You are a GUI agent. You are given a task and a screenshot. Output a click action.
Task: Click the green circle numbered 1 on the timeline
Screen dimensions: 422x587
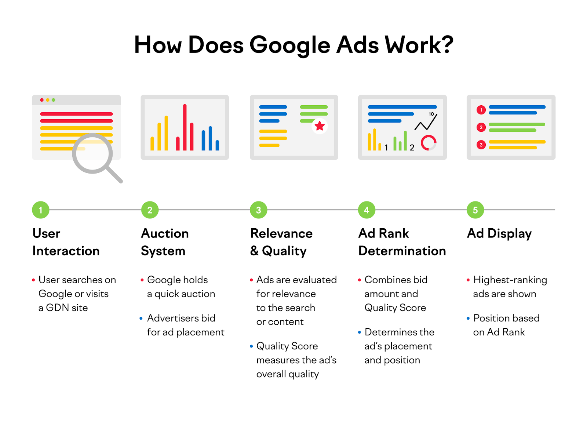click(40, 210)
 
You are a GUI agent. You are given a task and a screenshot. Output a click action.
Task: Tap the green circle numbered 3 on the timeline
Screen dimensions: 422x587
click(258, 210)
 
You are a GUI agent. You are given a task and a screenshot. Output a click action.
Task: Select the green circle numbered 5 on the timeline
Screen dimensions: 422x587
click(475, 210)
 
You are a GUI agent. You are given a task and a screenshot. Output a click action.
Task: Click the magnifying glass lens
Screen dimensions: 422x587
click(92, 153)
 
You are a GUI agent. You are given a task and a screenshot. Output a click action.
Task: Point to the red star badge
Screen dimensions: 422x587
click(320, 126)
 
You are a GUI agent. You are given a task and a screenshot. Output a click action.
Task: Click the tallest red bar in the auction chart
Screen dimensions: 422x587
click(185, 127)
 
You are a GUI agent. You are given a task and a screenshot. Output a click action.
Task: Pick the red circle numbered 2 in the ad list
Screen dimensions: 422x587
click(481, 127)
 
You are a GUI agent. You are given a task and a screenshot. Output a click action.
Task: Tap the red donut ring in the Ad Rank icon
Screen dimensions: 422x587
click(428, 143)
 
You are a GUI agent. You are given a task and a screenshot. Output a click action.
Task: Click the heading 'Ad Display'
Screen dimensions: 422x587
click(499, 233)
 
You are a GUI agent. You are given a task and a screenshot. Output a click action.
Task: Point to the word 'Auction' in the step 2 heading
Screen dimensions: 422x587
click(165, 233)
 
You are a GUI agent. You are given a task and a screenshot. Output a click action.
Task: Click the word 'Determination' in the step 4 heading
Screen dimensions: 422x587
click(402, 251)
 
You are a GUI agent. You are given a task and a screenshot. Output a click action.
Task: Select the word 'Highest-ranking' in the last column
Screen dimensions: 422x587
click(510, 280)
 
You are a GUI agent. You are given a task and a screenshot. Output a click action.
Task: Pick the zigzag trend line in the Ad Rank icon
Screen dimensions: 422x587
click(426, 123)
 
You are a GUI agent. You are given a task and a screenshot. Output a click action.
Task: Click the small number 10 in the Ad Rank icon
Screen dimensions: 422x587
click(431, 114)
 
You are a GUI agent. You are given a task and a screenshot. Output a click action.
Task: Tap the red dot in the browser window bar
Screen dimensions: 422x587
click(42, 100)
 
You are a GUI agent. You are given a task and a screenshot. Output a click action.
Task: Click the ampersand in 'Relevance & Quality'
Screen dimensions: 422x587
click(254, 251)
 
